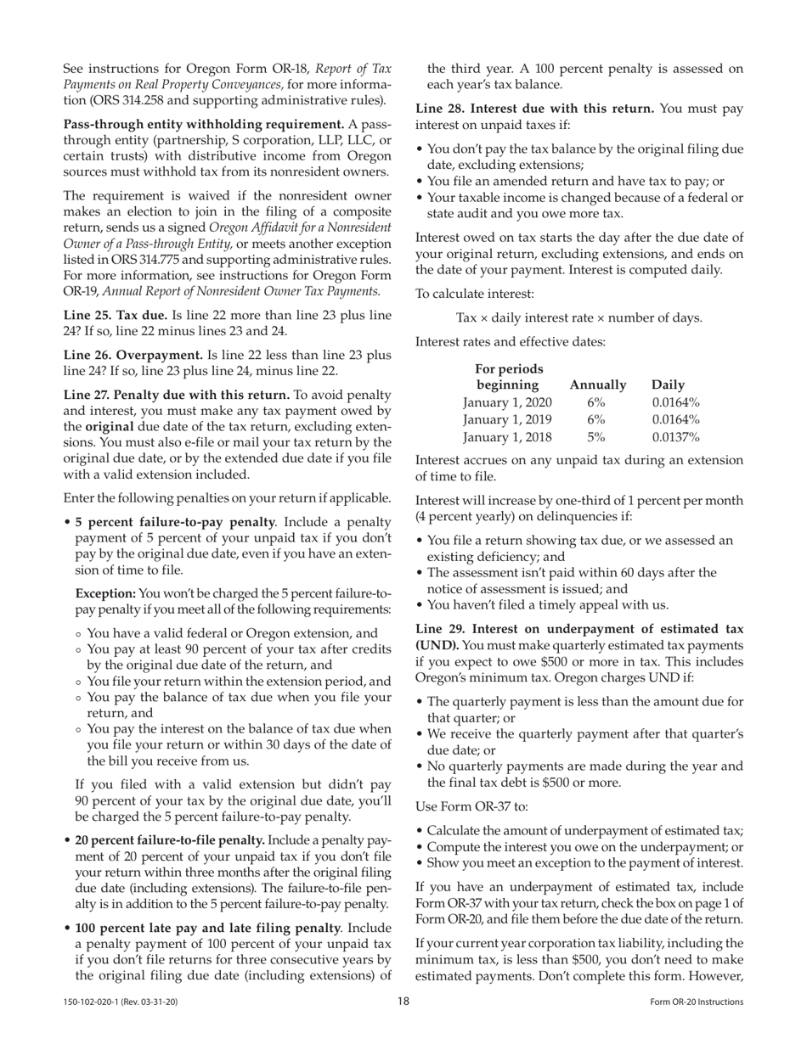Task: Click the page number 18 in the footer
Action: (403, 1002)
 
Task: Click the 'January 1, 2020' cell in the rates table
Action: (507, 401)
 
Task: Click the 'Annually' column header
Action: (598, 384)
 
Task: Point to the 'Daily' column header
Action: (668, 384)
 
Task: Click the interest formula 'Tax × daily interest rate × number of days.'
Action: (579, 317)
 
